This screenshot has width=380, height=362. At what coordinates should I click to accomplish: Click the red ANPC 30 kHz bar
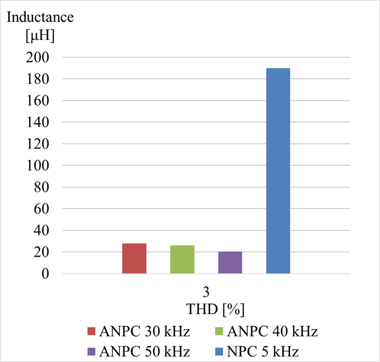pos(134,259)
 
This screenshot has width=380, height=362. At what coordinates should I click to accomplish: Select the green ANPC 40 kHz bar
pos(182,259)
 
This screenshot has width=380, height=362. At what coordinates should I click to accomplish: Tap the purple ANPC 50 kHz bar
pos(230,262)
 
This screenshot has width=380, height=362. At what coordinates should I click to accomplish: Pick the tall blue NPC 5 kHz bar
pos(278,171)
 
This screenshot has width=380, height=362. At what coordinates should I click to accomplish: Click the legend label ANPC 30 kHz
pos(144,331)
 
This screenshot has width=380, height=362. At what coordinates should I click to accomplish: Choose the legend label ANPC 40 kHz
pos(272,331)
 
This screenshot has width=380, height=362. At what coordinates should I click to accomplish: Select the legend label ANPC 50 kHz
pos(144,351)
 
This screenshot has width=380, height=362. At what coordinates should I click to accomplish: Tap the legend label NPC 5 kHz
pos(263,351)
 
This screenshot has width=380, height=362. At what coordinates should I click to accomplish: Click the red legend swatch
pos(92,331)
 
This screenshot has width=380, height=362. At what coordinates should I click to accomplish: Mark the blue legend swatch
pos(219,351)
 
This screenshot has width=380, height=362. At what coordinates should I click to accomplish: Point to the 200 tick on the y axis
pos(38,57)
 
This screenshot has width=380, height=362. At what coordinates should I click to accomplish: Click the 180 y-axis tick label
pos(38,79)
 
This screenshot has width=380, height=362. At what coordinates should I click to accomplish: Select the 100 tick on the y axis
pos(38,166)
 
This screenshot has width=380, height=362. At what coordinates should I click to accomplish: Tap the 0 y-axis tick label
pos(45,274)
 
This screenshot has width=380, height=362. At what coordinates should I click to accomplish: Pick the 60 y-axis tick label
pos(42,209)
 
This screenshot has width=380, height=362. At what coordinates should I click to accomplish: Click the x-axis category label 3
pos(206,292)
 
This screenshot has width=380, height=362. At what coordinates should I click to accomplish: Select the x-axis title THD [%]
pos(215,309)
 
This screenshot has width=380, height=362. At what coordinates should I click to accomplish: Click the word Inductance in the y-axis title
pos(40,17)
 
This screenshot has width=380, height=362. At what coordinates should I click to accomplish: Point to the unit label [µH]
pos(40,36)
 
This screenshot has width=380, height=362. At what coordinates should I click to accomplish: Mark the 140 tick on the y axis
pos(38,122)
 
